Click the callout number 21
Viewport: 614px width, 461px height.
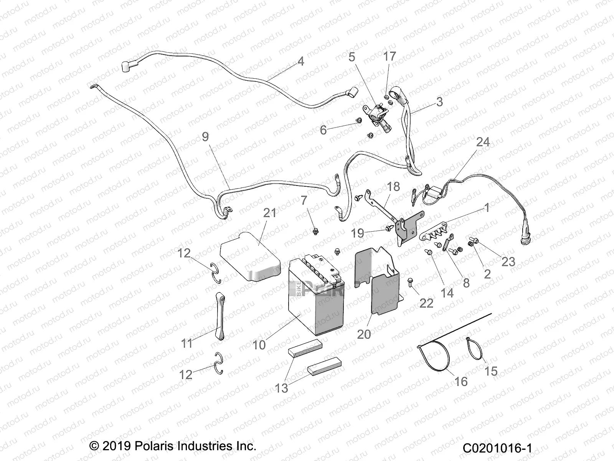[x=269, y=213]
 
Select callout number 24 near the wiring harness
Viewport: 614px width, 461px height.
[x=483, y=142]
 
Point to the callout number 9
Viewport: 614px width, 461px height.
[x=206, y=136]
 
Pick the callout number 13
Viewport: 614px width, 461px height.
[x=282, y=388]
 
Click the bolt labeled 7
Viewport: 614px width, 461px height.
[x=315, y=231]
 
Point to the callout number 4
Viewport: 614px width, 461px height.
[x=300, y=61]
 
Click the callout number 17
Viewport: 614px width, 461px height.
[x=390, y=56]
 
